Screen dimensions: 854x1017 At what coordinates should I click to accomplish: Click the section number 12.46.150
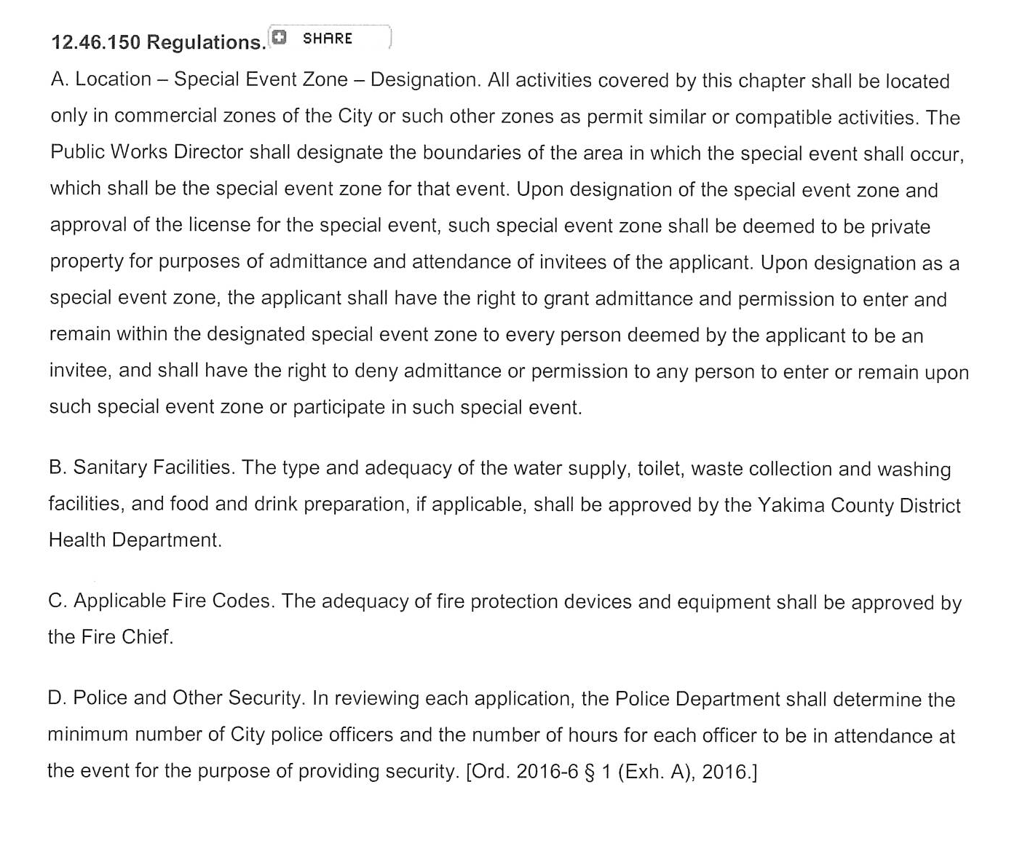tap(95, 43)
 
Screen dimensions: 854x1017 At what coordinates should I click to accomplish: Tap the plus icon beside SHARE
tap(278, 37)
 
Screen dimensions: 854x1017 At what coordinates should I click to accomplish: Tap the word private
tap(899, 226)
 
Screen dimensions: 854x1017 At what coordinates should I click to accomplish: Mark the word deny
tap(376, 371)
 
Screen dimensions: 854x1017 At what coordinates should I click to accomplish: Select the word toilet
tap(660, 468)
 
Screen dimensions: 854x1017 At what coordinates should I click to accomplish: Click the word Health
tap(77, 540)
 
